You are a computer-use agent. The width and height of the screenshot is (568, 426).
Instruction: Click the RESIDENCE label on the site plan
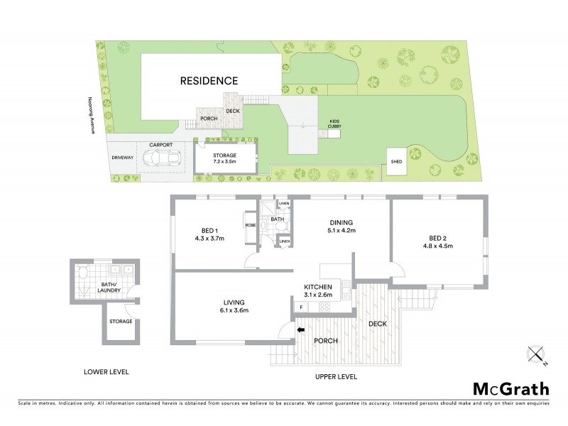208,81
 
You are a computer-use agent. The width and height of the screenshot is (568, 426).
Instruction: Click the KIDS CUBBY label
334,123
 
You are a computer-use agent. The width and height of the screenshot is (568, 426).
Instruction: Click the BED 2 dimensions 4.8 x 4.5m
438,246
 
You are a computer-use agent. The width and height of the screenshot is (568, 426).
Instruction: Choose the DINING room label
341,220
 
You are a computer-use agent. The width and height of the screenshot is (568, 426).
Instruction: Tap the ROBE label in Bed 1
250,224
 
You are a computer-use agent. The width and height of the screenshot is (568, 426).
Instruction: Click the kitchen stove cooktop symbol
325,307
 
